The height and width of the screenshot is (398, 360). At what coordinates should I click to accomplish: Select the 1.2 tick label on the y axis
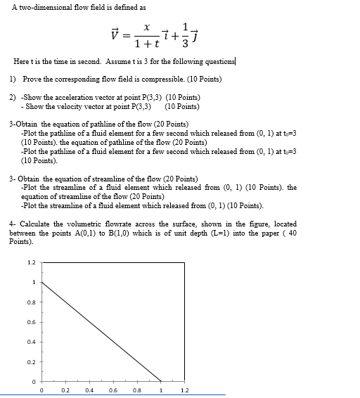(30, 262)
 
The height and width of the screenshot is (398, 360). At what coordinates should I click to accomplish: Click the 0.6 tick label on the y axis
(30, 323)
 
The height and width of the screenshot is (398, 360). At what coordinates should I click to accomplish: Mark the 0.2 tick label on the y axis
(30, 363)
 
